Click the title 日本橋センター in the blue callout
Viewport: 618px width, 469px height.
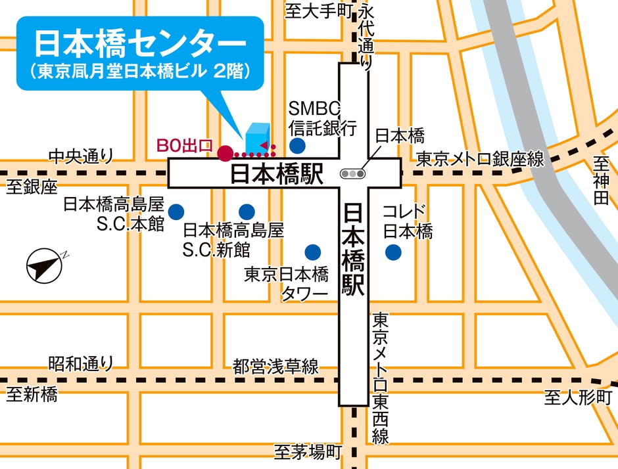(139, 44)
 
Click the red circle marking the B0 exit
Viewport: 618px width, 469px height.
(225, 153)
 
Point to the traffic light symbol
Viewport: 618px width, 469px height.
(353, 174)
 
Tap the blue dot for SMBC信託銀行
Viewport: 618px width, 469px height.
(298, 145)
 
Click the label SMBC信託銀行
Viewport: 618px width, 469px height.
(323, 117)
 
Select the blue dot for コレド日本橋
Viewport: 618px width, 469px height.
(393, 251)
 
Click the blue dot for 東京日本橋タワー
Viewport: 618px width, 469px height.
(312, 251)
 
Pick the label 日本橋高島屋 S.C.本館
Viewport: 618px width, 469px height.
(113, 213)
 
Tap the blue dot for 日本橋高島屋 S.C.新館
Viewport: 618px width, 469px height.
(247, 212)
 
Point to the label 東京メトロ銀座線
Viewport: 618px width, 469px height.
(480, 158)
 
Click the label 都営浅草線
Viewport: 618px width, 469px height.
(275, 366)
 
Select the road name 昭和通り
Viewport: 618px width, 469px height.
(81, 363)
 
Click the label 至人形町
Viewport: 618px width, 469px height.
(577, 397)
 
